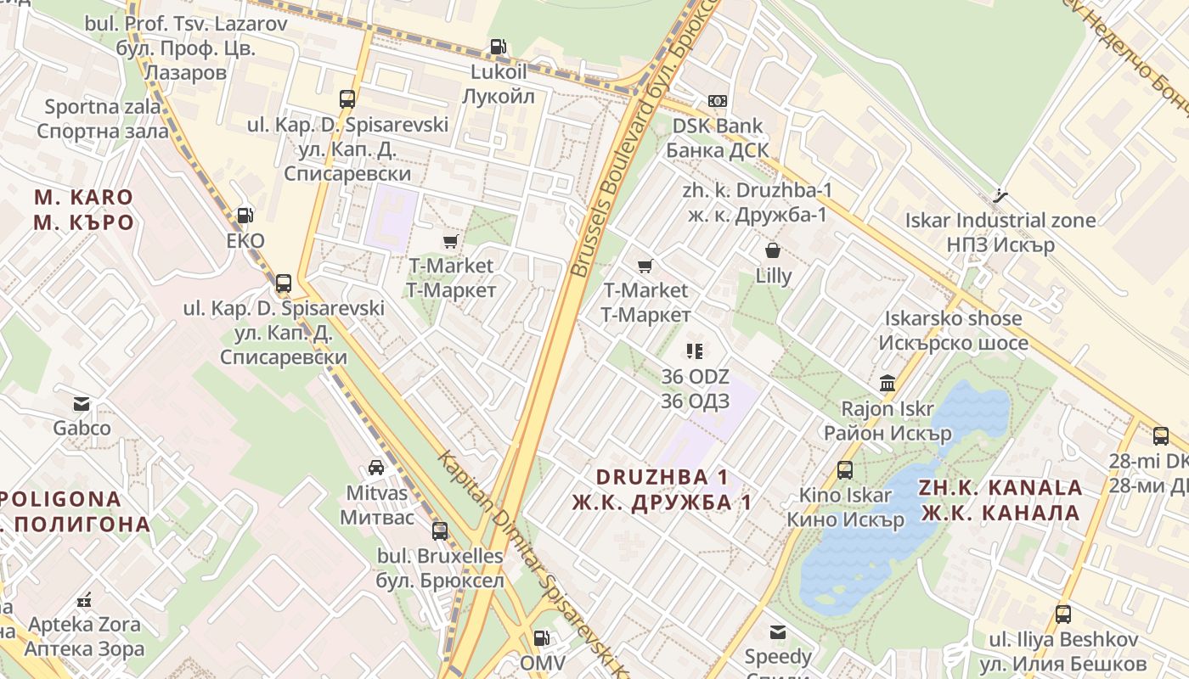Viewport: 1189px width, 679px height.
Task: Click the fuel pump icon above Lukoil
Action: pos(499,48)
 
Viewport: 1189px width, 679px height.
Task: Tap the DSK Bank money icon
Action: pos(718,101)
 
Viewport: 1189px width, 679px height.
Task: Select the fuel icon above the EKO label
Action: pos(245,216)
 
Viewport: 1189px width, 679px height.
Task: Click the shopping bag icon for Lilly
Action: pos(773,250)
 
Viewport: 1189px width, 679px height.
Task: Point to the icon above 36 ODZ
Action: pos(695,351)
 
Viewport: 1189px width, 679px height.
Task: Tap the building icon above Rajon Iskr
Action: pos(888,384)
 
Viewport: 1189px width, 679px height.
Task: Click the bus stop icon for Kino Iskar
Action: pos(845,470)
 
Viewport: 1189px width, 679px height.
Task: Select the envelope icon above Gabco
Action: pos(82,403)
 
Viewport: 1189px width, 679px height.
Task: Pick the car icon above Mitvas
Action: pos(376,468)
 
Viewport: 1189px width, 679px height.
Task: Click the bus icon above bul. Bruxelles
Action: pos(440,531)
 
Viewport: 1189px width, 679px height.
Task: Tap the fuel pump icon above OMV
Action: pos(541,637)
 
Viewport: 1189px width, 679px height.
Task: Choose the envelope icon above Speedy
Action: pos(778,631)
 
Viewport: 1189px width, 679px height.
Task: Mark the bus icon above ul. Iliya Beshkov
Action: pos(1062,614)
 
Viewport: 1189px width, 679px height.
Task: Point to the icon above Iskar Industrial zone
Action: pos(1000,195)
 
